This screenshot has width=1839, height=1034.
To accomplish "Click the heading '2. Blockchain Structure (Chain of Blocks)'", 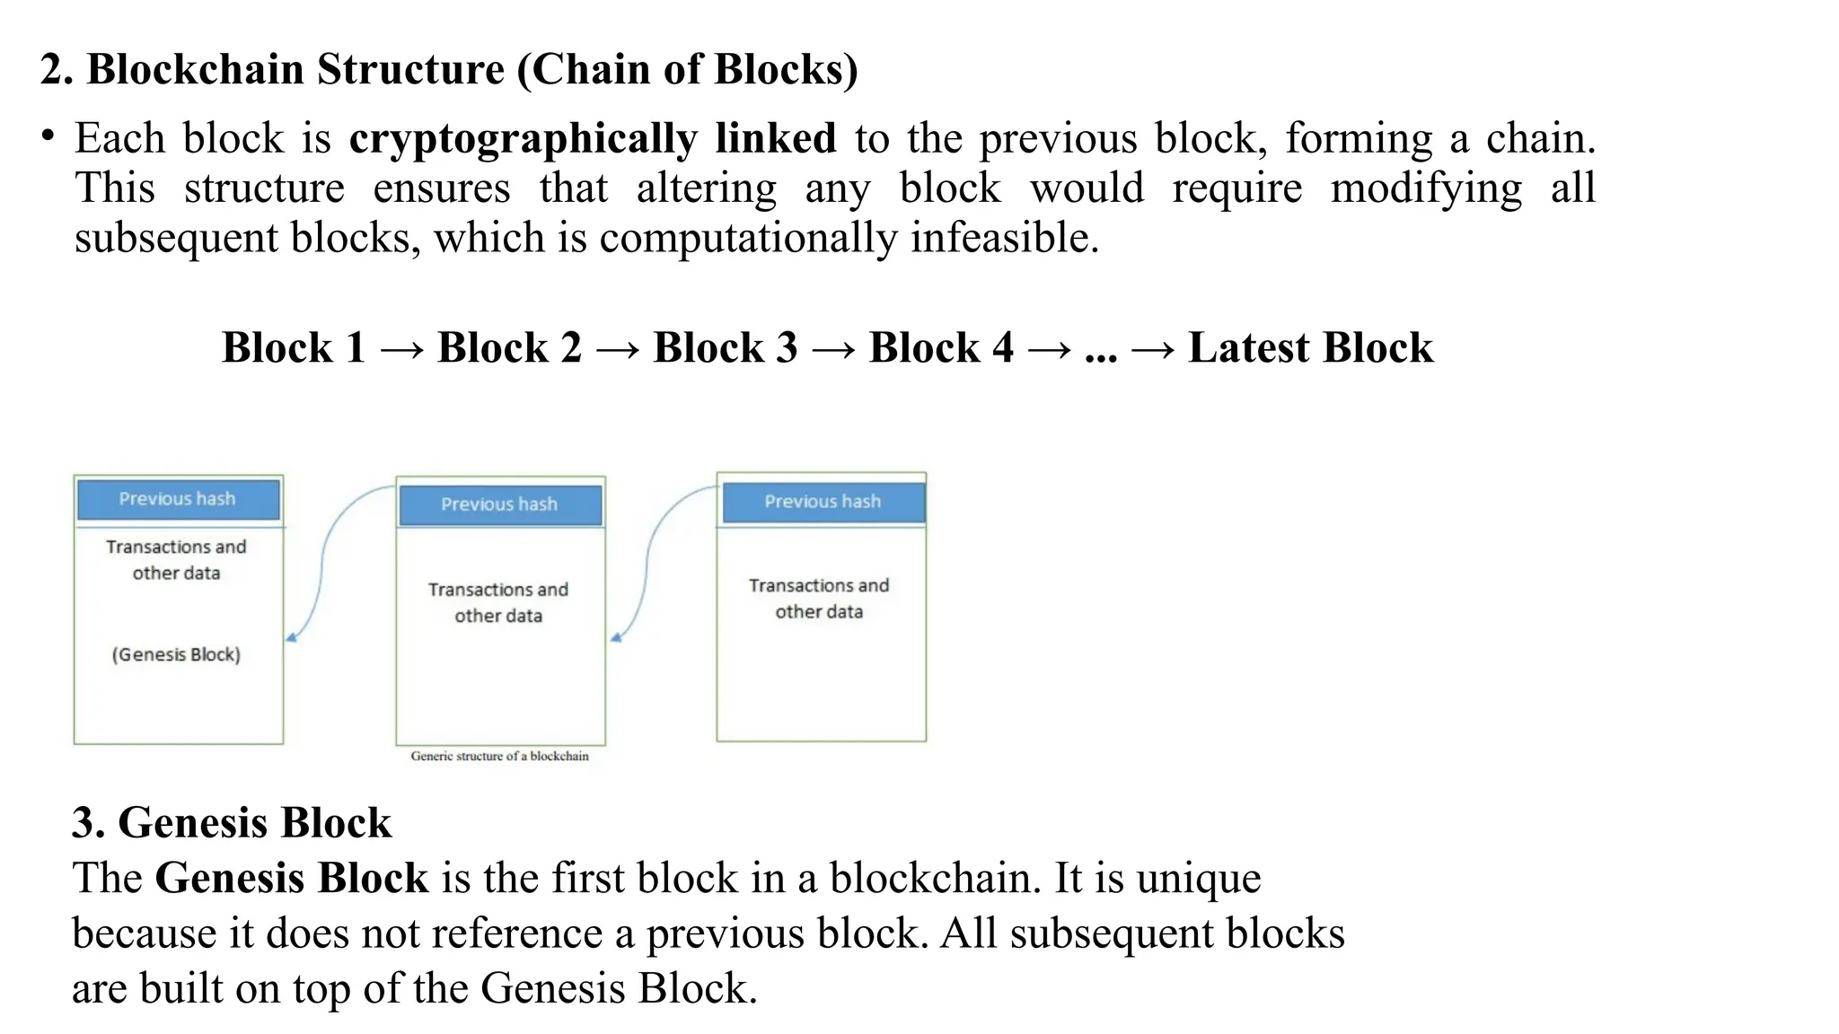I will [x=449, y=70].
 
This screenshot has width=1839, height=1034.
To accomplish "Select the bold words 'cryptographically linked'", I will [x=592, y=139].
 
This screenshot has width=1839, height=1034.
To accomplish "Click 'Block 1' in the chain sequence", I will [x=294, y=348].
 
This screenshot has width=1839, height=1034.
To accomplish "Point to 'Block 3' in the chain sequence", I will [x=725, y=348].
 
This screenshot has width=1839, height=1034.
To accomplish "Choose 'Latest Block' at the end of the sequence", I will [x=1310, y=348].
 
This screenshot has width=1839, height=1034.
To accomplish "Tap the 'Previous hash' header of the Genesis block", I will [x=178, y=499].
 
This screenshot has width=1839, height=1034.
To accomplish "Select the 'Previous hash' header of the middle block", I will [x=499, y=504].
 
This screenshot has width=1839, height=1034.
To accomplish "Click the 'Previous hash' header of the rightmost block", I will [x=822, y=502].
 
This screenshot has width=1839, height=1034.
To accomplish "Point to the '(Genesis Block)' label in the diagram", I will [x=176, y=654].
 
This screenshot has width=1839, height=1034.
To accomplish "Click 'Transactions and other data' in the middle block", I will [x=498, y=602].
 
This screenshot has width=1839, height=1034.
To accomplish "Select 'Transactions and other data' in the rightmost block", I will [x=819, y=598].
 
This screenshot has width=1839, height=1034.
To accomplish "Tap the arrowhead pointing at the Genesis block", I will [x=291, y=638].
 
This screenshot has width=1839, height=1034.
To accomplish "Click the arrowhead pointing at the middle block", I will [x=615, y=638].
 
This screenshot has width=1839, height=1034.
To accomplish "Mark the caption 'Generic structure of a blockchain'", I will [x=499, y=757].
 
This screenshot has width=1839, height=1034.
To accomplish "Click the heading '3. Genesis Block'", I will [x=232, y=822].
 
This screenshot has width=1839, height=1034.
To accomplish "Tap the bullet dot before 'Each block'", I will [x=48, y=136].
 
